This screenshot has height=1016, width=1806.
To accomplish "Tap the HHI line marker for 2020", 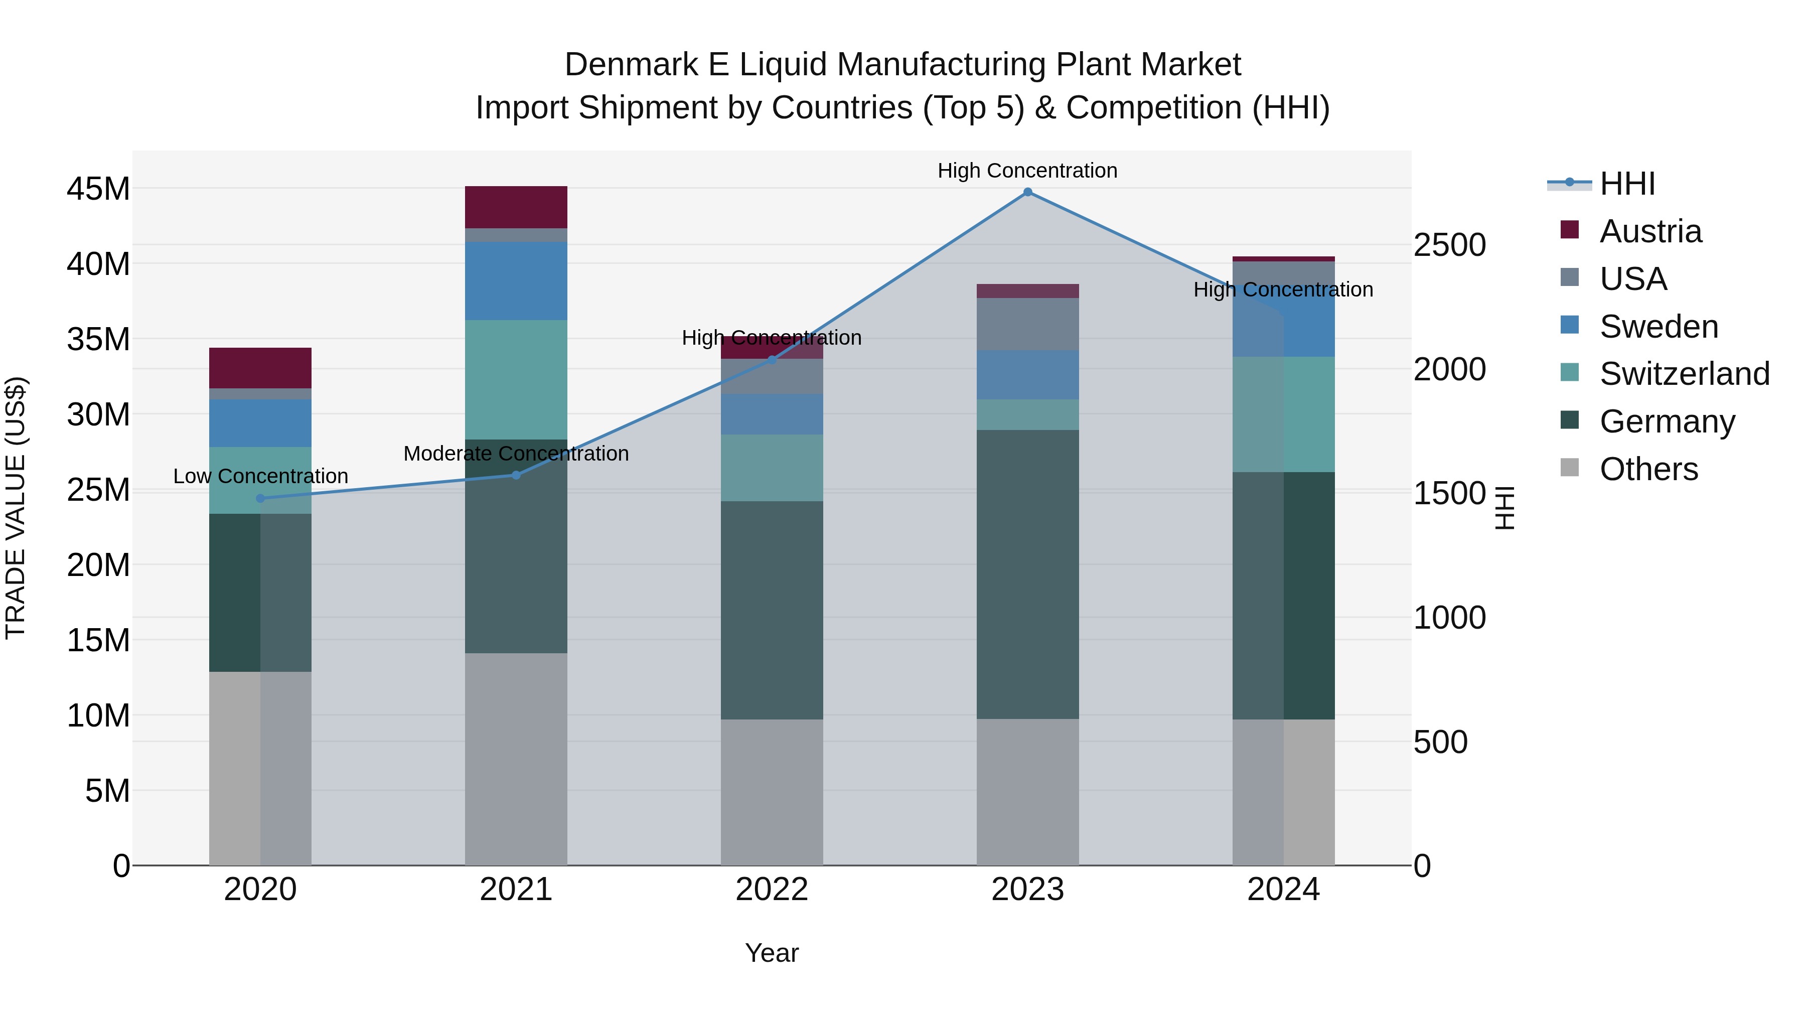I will pyautogui.click(x=260, y=499).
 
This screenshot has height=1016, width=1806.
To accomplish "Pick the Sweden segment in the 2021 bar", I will pyautogui.click(x=516, y=280).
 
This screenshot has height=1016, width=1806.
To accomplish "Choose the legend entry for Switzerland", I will pyautogui.click(x=1684, y=374).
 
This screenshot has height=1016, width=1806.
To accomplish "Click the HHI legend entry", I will pyautogui.click(x=1626, y=184).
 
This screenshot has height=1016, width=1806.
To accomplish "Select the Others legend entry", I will pyautogui.click(x=1648, y=469).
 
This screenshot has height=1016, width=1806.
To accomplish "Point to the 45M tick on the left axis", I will pyautogui.click(x=98, y=189).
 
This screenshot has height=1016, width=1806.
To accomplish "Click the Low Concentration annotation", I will pyautogui.click(x=260, y=476).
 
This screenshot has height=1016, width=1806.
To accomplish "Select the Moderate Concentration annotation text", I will pyautogui.click(x=516, y=454).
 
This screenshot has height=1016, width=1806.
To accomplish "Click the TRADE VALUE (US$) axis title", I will pyautogui.click(x=16, y=508).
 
